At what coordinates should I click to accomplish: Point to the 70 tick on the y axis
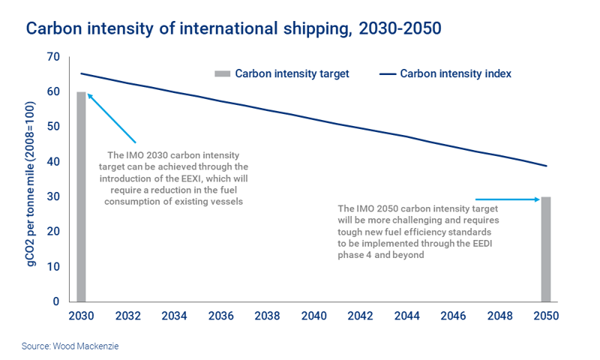pyautogui.click(x=52, y=57)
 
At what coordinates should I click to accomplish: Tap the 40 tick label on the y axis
pyautogui.click(x=52, y=162)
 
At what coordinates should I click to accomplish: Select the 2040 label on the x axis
pyautogui.click(x=313, y=316)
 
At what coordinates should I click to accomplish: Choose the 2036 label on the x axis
pyautogui.click(x=220, y=316)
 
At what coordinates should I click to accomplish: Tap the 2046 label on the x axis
pyautogui.click(x=453, y=316)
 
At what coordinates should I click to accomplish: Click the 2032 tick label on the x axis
pyautogui.click(x=127, y=316)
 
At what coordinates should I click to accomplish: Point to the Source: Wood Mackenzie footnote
pyautogui.click(x=71, y=347)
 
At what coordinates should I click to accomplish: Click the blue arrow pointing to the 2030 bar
pyautogui.click(x=111, y=118)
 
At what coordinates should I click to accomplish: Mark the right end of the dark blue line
pyautogui.click(x=547, y=166)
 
